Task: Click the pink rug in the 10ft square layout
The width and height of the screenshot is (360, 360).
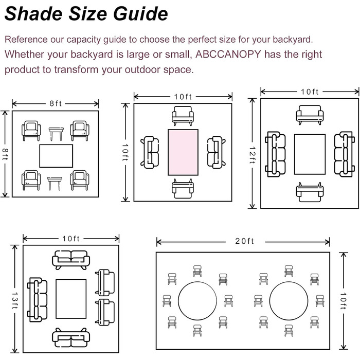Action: click(x=183, y=152)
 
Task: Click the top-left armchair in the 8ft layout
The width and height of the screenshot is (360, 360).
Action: click(x=32, y=131)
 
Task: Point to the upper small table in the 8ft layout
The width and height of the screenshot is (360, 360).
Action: click(x=56, y=134)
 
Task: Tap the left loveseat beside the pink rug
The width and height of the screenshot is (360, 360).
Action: click(x=150, y=152)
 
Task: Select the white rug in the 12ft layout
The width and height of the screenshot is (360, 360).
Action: click(x=310, y=154)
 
